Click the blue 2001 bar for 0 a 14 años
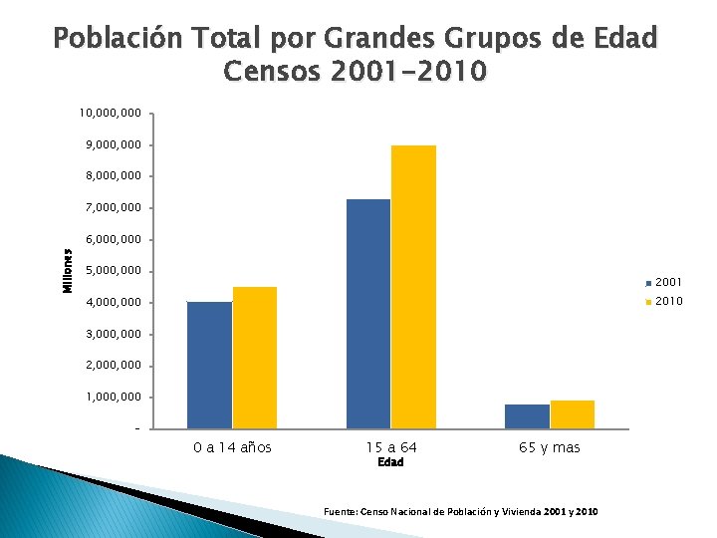tap(210, 365)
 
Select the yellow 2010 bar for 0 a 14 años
tap(255, 358)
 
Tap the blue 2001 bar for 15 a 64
tap(368, 314)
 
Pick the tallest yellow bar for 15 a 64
tap(413, 287)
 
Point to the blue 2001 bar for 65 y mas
tap(527, 416)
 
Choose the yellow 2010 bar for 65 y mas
tap(573, 414)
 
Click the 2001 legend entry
tap(663, 282)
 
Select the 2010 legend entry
tap(663, 301)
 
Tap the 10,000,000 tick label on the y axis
tap(111, 113)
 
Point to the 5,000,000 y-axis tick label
tap(114, 271)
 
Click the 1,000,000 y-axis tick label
tap(114, 398)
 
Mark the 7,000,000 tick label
tap(114, 207)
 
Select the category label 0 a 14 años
tap(232, 447)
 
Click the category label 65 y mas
tap(550, 447)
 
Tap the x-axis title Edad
tap(390, 462)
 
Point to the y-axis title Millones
tap(68, 271)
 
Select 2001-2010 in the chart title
tap(408, 72)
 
